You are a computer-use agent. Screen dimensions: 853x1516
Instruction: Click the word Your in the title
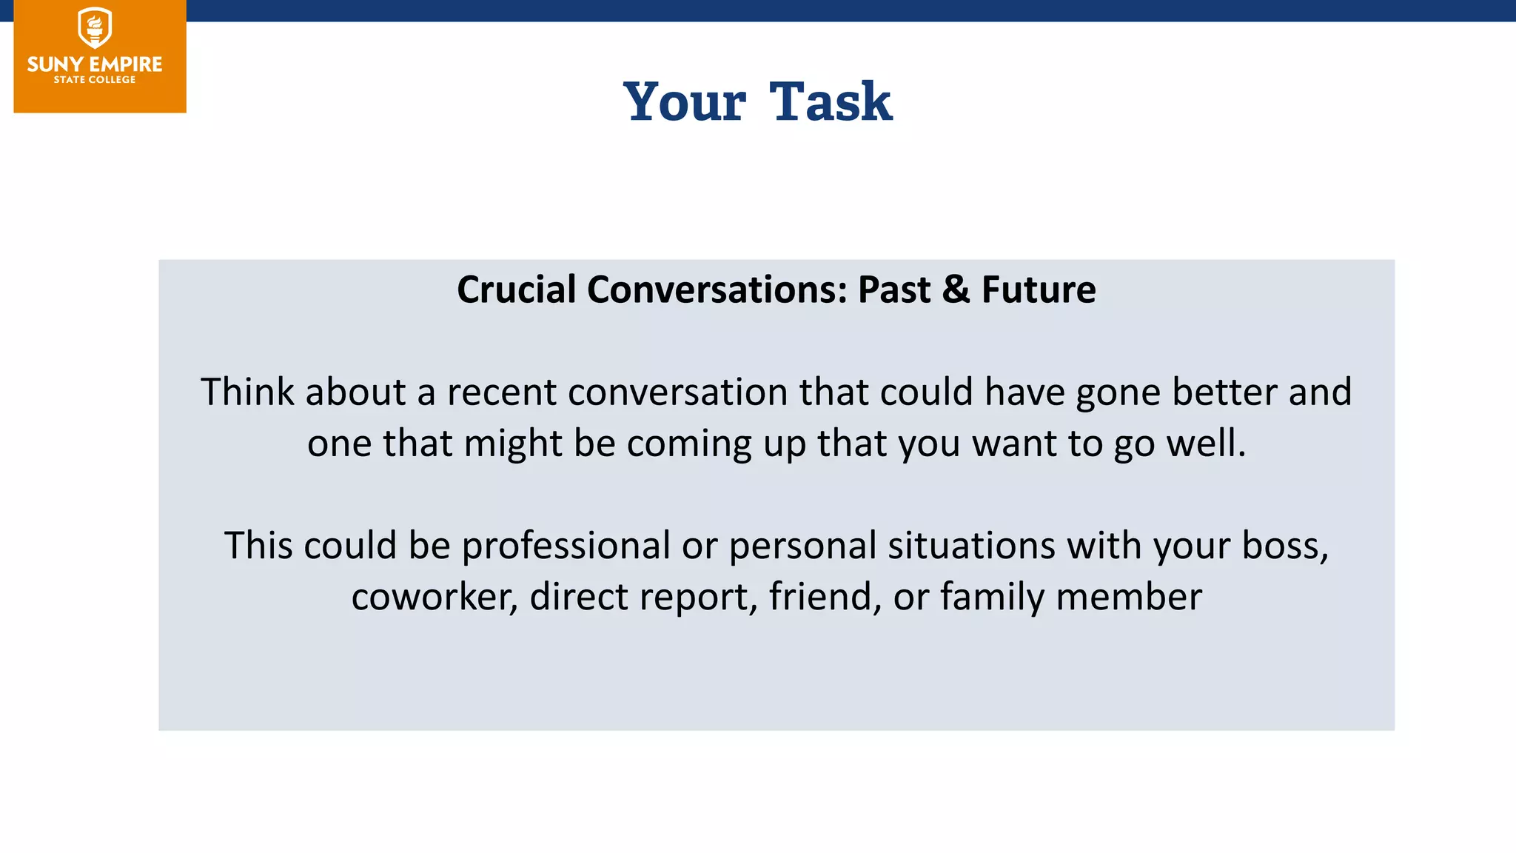pos(685,101)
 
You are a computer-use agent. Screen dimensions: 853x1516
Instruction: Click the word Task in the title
pos(831,101)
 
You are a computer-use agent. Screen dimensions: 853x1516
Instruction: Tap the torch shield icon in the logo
pos(95,28)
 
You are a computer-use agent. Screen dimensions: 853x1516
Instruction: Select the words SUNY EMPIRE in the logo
pos(95,64)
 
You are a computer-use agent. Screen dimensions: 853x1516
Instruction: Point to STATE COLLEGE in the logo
pos(95,80)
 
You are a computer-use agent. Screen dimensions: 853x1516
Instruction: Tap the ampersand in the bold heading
pos(956,290)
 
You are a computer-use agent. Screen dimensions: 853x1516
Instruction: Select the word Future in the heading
pos(1039,290)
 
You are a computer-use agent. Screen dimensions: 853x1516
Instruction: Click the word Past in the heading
pos(893,290)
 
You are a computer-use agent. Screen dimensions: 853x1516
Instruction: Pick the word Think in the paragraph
pos(247,392)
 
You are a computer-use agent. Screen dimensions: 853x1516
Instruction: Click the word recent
pos(501,392)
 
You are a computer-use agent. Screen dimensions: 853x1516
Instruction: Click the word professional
pos(566,546)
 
